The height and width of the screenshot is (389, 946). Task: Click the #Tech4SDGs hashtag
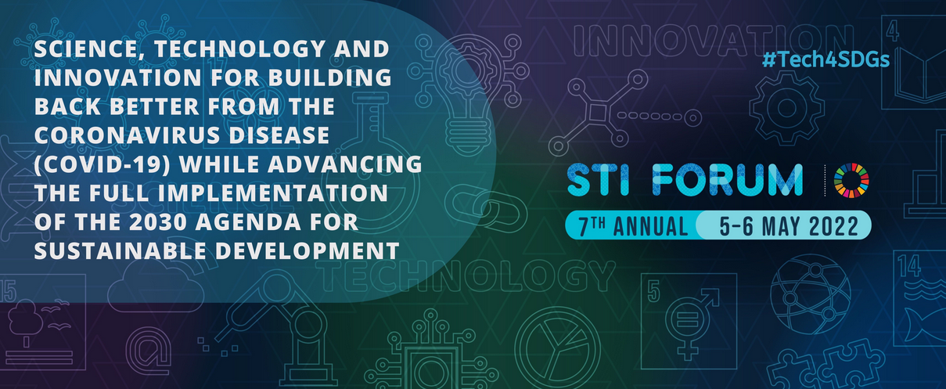(826, 59)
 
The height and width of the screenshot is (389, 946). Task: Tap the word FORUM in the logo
(727, 180)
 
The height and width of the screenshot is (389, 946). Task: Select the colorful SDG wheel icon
(851, 180)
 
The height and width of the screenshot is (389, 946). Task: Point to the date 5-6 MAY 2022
(789, 226)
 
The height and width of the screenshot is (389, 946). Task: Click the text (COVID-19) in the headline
(103, 164)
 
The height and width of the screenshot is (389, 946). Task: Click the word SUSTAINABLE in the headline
(121, 251)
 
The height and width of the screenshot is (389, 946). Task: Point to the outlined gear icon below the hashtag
(787, 108)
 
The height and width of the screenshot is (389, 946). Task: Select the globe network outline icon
(810, 294)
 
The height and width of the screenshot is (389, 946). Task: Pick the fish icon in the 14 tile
(925, 326)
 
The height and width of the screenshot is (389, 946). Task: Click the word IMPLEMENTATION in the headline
(272, 193)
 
